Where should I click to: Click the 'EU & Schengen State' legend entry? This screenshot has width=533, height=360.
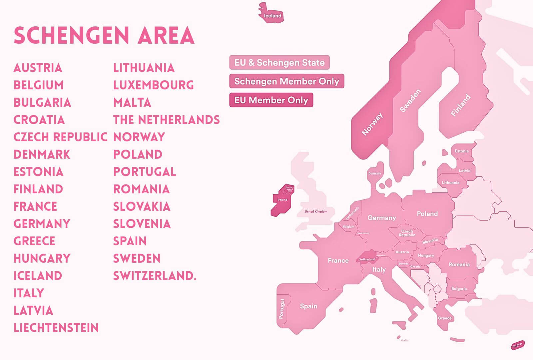tap(279, 62)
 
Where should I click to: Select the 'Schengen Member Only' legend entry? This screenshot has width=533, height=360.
tap(286, 81)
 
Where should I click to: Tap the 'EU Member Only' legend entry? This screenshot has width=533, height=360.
tap(271, 100)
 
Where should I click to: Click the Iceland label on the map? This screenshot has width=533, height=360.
tap(272, 16)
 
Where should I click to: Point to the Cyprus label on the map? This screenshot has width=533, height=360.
tap(518, 345)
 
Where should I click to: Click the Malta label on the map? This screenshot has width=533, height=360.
tap(404, 340)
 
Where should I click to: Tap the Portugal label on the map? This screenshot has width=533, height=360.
tap(282, 309)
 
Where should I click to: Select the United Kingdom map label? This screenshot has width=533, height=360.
tap(316, 211)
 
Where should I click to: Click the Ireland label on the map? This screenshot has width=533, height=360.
tap(282, 200)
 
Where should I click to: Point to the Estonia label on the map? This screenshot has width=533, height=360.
tap(462, 151)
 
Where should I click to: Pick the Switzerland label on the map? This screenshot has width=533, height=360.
tap(367, 259)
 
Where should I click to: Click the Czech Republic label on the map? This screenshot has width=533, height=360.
tap(407, 233)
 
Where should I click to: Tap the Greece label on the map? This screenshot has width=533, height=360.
tap(445, 318)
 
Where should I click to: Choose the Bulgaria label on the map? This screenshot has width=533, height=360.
tap(459, 289)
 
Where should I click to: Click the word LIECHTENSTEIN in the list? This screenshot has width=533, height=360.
tap(56, 328)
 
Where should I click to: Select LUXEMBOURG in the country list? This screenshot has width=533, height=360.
tap(153, 85)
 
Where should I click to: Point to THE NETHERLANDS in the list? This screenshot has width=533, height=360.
tap(166, 120)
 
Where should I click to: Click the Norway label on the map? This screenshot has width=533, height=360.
tap(372, 124)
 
